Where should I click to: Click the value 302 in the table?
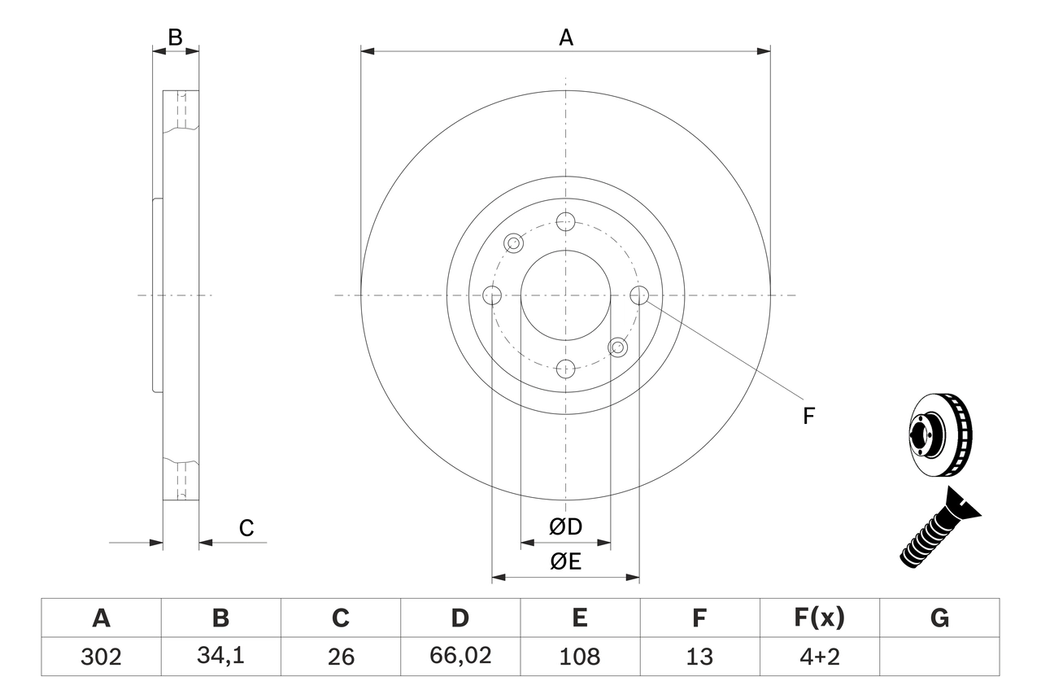tap(101, 657)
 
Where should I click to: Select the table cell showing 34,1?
tap(220, 657)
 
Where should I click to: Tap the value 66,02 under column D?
tap(460, 657)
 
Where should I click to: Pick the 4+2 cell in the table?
tap(819, 657)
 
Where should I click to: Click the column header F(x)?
tap(819, 618)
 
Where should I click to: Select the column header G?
tap(939, 618)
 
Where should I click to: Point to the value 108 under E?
tap(579, 657)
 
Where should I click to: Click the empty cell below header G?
tap(939, 657)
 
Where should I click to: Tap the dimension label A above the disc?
tap(565, 37)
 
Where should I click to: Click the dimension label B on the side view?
tap(175, 37)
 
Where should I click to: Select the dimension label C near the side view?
tap(246, 529)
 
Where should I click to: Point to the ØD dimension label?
tap(566, 527)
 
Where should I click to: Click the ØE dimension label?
tap(566, 562)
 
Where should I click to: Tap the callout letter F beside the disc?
tap(808, 417)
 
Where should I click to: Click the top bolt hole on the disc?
tap(566, 221)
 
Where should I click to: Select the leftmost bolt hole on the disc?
tap(492, 295)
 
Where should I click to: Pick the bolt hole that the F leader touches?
tap(639, 295)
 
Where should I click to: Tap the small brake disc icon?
tap(939, 436)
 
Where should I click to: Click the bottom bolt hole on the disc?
tap(566, 369)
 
